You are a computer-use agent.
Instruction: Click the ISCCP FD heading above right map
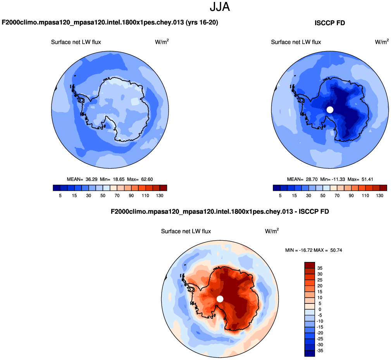[329, 23]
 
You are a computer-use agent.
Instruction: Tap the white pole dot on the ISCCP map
[330, 110]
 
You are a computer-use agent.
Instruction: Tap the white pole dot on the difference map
[220, 298]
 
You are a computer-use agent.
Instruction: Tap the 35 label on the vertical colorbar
[320, 268]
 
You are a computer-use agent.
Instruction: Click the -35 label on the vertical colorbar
[319, 350]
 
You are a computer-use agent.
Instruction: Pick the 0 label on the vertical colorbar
[320, 309]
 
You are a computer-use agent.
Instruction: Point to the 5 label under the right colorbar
[280, 196]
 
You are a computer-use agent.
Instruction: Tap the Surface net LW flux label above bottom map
[186, 231]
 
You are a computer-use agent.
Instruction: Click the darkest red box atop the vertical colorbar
[310, 265]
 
